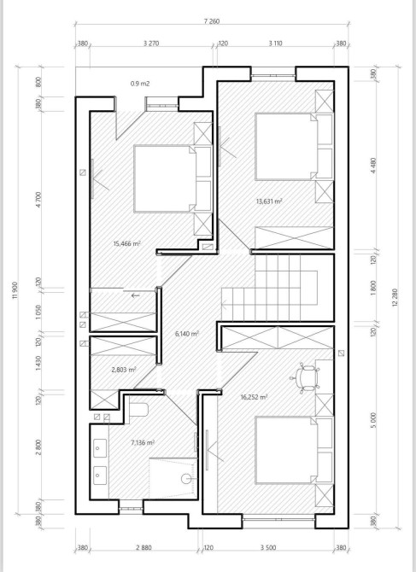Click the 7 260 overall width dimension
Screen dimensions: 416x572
tap(212, 21)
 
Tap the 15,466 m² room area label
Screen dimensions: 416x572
tap(127, 243)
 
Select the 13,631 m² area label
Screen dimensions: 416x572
tap(270, 201)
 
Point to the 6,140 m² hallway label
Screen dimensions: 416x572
tap(187, 334)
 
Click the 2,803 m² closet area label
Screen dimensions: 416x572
tap(124, 370)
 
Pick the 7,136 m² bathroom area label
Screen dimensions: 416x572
tap(143, 443)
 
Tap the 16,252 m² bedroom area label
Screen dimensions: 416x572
tap(255, 397)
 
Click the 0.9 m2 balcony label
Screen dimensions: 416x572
tap(140, 84)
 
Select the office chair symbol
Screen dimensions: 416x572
tap(305, 377)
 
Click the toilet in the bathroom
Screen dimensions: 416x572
tap(138, 410)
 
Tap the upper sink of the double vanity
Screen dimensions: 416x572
tap(100, 448)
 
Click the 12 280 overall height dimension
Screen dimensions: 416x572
tap(395, 298)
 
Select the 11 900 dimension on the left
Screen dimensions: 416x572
tap(15, 290)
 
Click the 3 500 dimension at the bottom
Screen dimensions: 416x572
tap(268, 547)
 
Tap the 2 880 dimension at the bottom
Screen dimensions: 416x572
tap(144, 547)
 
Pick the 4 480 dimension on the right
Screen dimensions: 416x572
tap(373, 166)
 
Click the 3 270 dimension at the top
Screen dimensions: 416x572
tap(151, 44)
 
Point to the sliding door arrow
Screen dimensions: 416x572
tap(135, 295)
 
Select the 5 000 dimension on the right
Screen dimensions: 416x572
tap(373, 420)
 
